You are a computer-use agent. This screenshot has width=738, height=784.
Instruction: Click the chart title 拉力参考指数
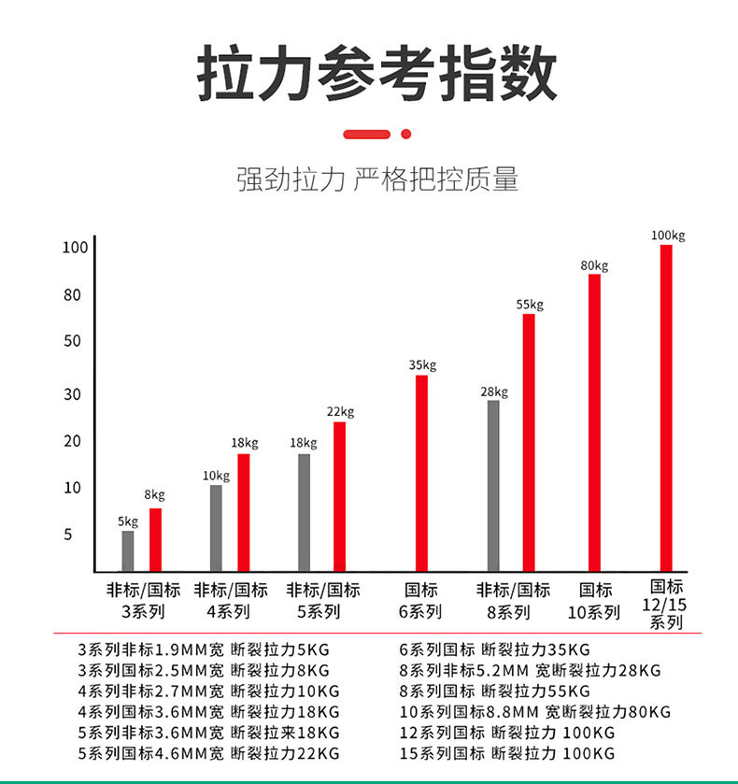(x=376, y=74)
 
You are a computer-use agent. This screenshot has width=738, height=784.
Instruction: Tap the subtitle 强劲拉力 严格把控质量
(x=376, y=178)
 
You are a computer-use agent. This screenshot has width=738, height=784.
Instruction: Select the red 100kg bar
(x=666, y=407)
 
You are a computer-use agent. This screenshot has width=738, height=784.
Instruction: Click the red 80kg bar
(x=594, y=421)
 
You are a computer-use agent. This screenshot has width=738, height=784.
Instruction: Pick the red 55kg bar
(x=529, y=442)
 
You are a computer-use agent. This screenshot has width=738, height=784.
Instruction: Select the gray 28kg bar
(x=493, y=485)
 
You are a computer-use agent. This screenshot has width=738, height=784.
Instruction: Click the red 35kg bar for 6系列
(x=421, y=473)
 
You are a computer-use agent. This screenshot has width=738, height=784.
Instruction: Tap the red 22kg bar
(x=339, y=496)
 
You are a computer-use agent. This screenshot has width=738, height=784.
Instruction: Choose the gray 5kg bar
(x=128, y=550)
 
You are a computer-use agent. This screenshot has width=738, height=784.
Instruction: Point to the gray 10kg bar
(x=216, y=527)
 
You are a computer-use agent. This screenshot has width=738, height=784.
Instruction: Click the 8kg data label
(x=154, y=494)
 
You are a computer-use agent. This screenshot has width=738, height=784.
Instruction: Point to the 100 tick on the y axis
(x=75, y=248)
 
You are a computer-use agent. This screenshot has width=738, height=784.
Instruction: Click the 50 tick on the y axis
(x=73, y=341)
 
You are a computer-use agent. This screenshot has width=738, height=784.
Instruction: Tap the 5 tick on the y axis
(x=68, y=535)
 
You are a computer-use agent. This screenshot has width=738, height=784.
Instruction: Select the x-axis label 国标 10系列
(x=594, y=602)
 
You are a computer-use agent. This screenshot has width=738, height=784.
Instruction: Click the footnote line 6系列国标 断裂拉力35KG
(x=494, y=649)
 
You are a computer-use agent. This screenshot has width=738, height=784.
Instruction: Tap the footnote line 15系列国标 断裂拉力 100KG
(x=506, y=753)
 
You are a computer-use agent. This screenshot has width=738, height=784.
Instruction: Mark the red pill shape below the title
(x=366, y=135)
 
